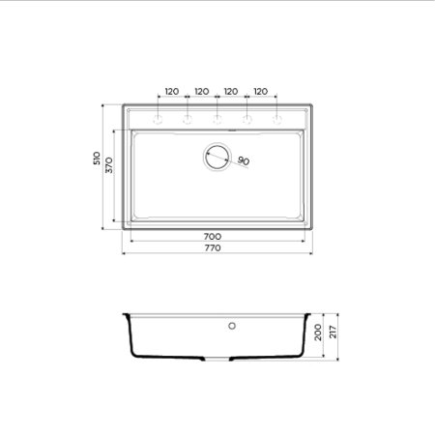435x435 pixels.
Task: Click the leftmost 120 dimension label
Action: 171,91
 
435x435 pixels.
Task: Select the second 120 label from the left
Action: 201,91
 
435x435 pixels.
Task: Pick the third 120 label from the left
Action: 230,91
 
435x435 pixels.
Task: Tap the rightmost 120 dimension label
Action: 260,91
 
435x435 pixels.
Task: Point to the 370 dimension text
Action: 110,165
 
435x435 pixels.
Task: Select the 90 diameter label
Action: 243,160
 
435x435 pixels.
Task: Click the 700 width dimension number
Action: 213,236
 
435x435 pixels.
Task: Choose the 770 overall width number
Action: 213,248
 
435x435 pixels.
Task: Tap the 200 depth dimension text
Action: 318,333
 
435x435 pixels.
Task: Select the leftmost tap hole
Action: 158,120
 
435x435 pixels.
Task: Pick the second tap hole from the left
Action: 188,120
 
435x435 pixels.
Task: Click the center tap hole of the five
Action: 217,120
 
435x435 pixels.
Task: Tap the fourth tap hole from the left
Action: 246,120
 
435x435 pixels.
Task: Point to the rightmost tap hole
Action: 276,120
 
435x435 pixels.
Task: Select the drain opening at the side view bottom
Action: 217,359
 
